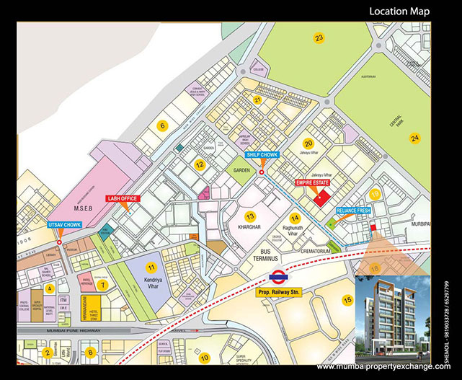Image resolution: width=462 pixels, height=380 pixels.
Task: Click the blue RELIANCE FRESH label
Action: pyautogui.click(x=353, y=210)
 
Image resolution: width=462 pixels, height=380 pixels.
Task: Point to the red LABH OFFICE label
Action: pyautogui.click(x=124, y=198)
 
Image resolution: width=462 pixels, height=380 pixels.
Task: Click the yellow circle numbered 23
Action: pyautogui.click(x=319, y=37)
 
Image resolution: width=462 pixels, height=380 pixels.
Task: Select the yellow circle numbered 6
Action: pyautogui.click(x=163, y=126)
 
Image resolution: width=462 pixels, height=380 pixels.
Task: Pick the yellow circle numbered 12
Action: pyautogui.click(x=200, y=164)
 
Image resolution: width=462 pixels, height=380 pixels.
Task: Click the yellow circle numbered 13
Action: pyautogui.click(x=249, y=217)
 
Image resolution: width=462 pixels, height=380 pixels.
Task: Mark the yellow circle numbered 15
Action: pyautogui.click(x=347, y=299)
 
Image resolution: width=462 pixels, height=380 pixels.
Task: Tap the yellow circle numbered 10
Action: pyautogui.click(x=204, y=357)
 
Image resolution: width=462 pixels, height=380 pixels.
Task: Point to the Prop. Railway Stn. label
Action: pyautogui.click(x=277, y=291)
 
